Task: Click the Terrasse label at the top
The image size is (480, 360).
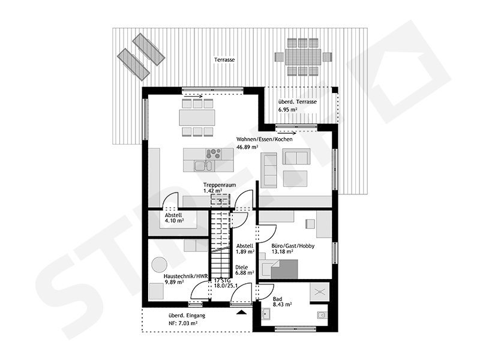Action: [224, 61]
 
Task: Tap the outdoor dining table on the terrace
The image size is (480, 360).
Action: [299, 57]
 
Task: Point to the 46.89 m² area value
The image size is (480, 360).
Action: [247, 147]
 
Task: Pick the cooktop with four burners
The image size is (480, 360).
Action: [213, 152]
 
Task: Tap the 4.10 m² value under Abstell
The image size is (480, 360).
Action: [174, 221]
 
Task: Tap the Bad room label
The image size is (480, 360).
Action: [277, 298]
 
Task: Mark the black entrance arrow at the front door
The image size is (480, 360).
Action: [241, 313]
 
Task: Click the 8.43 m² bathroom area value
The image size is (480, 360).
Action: [282, 305]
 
